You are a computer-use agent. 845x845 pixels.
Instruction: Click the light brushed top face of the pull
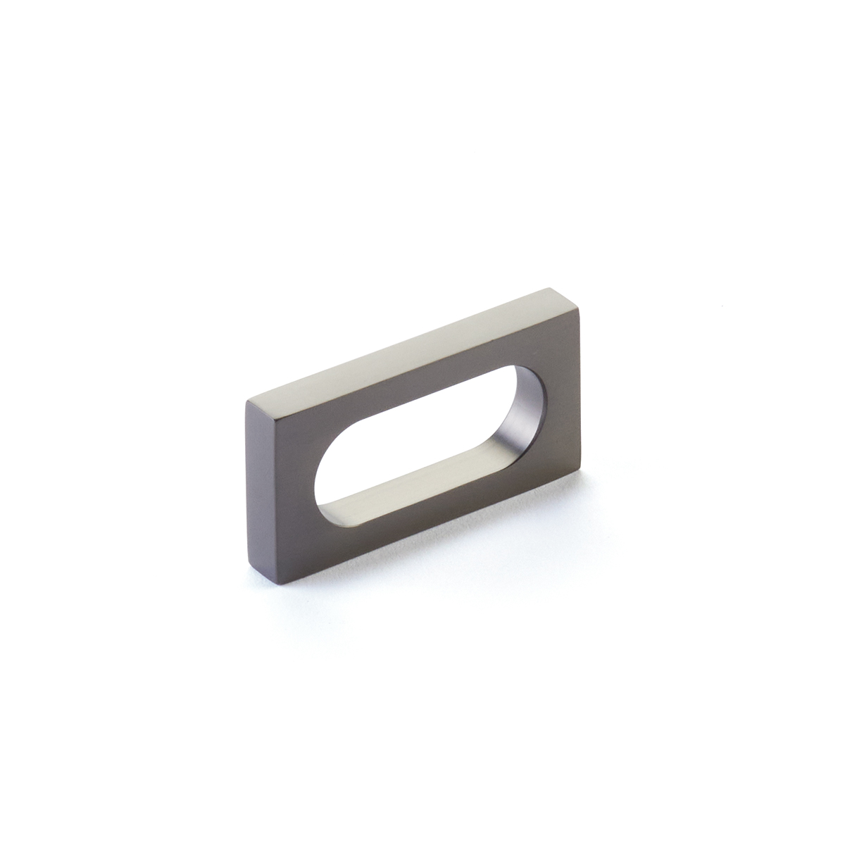(x=408, y=345)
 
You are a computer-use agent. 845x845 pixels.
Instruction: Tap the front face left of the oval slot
(x=282, y=493)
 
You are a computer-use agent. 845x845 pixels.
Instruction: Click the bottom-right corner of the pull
(x=580, y=472)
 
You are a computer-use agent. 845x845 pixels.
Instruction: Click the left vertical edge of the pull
(x=249, y=493)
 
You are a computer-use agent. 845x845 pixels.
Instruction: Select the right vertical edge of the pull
(x=580, y=391)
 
